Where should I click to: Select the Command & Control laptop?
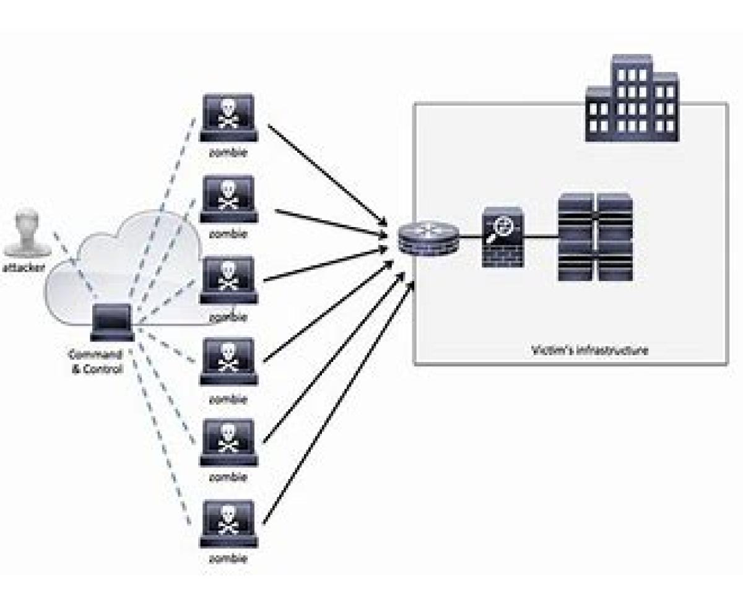point(112,322)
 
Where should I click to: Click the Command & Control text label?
point(95,361)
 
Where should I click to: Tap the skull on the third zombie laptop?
point(228,277)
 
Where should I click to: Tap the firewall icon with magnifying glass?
point(503,237)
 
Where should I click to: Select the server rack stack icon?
point(594,237)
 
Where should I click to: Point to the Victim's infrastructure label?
point(590,350)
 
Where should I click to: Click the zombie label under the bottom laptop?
point(228,559)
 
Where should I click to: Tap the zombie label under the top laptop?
point(228,153)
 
